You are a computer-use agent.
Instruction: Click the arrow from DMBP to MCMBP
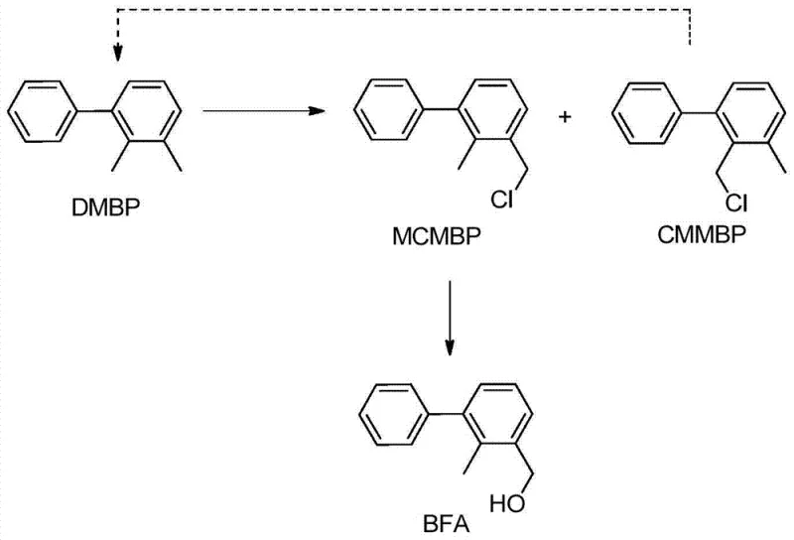pyautogui.click(x=264, y=111)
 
